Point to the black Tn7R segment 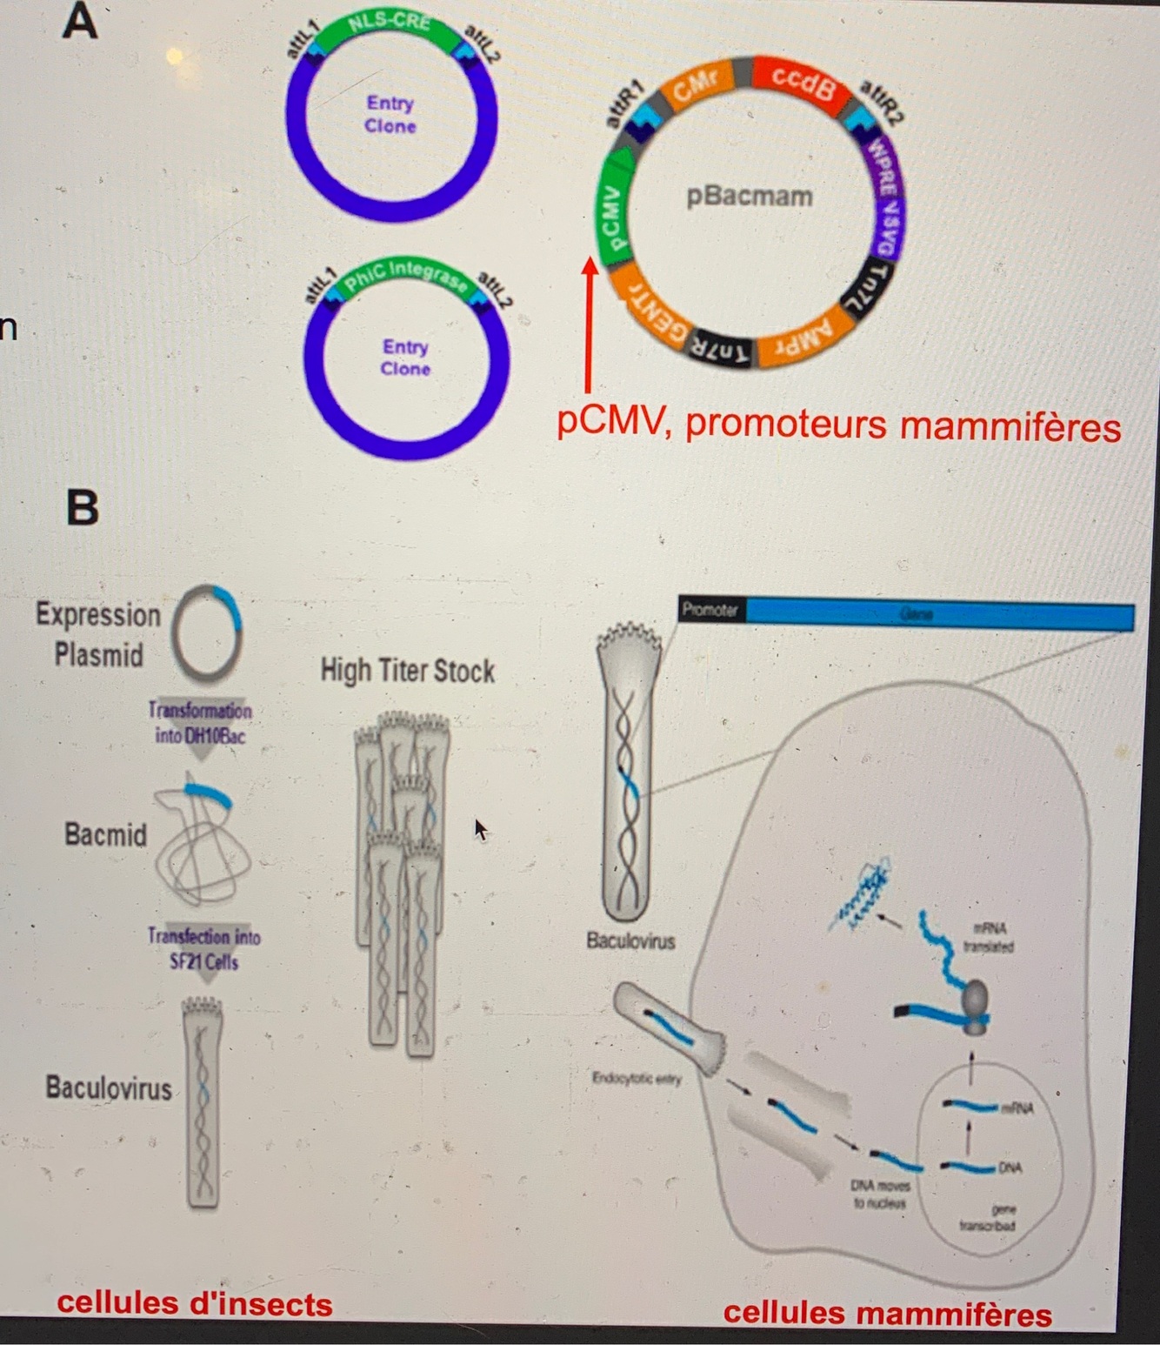(x=721, y=350)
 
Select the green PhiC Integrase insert (x=404, y=274)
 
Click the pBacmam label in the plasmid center (x=749, y=197)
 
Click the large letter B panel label (x=83, y=507)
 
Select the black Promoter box (x=710, y=610)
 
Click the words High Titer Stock (x=407, y=671)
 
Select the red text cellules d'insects (x=195, y=1303)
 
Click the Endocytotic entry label (x=637, y=1079)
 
